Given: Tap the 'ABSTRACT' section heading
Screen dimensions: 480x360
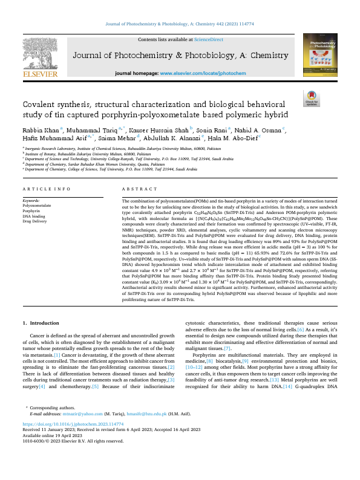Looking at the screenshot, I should (140, 189).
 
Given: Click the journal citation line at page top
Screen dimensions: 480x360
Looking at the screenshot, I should (180, 24).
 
